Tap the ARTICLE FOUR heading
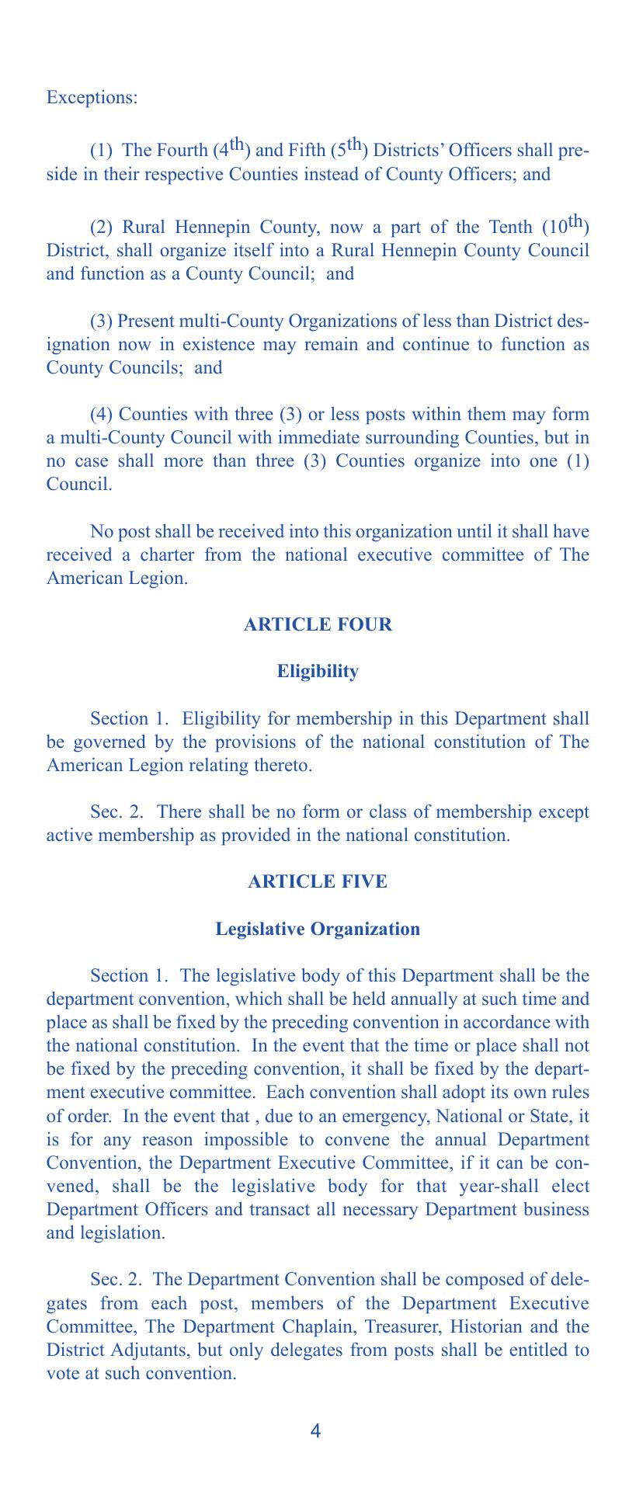(x=318, y=624)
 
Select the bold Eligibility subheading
(x=318, y=672)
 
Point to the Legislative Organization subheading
(x=318, y=929)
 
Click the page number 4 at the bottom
(x=315, y=1431)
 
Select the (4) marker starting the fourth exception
(x=103, y=414)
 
